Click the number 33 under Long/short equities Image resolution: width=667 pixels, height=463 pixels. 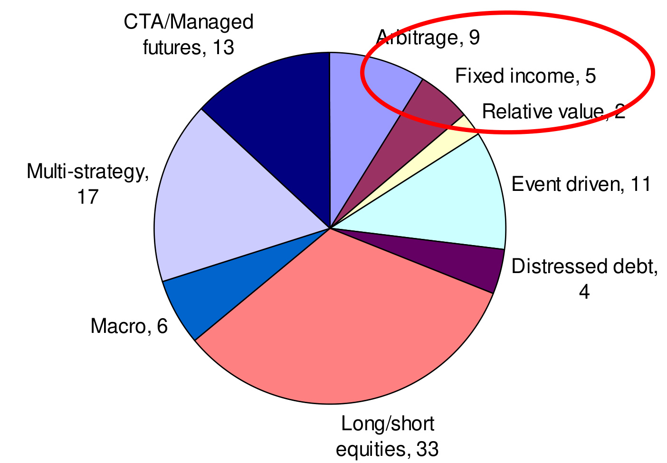point(428,449)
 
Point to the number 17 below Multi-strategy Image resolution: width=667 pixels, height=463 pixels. point(87,197)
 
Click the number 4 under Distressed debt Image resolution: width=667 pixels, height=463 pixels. point(584,292)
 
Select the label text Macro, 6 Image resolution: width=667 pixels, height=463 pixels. point(129,326)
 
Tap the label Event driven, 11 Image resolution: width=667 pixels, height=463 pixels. point(581,184)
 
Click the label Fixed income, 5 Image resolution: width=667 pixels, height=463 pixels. point(525,76)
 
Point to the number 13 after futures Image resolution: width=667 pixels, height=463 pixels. point(223,47)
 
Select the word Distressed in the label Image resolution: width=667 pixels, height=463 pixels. point(560,266)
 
